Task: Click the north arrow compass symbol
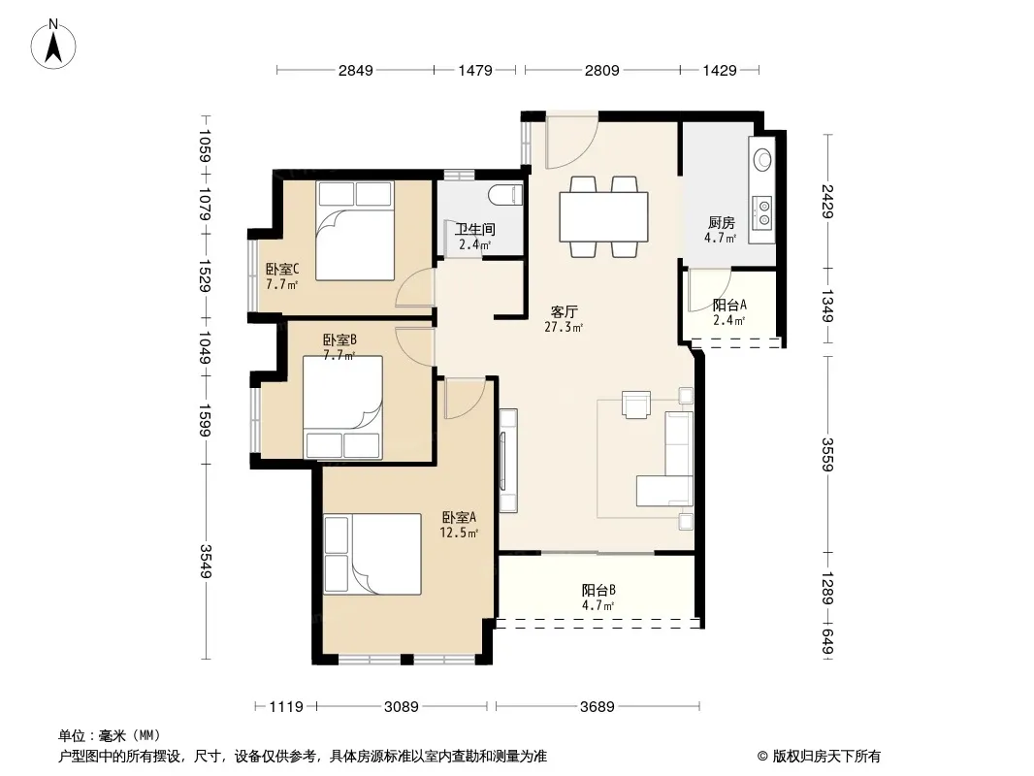click(x=53, y=45)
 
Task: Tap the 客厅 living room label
click(x=564, y=311)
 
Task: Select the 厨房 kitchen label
click(x=722, y=223)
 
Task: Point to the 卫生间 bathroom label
click(x=474, y=230)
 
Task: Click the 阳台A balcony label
click(x=729, y=306)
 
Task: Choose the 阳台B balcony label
click(x=598, y=590)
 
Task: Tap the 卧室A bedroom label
click(x=459, y=518)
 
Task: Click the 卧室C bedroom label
click(x=282, y=269)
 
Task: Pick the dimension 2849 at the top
click(x=355, y=70)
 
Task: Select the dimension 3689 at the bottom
click(x=598, y=707)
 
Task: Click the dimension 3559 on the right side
click(x=827, y=455)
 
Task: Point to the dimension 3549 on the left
click(x=205, y=561)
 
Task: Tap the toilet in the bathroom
click(x=505, y=195)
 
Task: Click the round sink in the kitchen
click(x=763, y=159)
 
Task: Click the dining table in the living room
click(x=603, y=217)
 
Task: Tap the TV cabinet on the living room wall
click(x=507, y=460)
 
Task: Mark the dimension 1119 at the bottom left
click(x=286, y=707)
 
